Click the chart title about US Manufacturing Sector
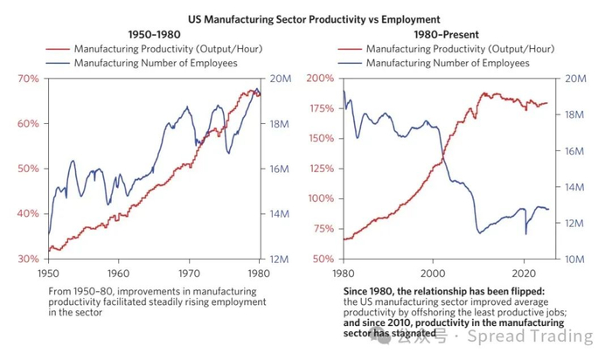[307, 17]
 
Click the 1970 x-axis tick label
[189, 271]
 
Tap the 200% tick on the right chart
[317, 79]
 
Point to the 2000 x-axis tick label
[431, 271]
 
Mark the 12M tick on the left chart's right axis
[280, 260]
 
